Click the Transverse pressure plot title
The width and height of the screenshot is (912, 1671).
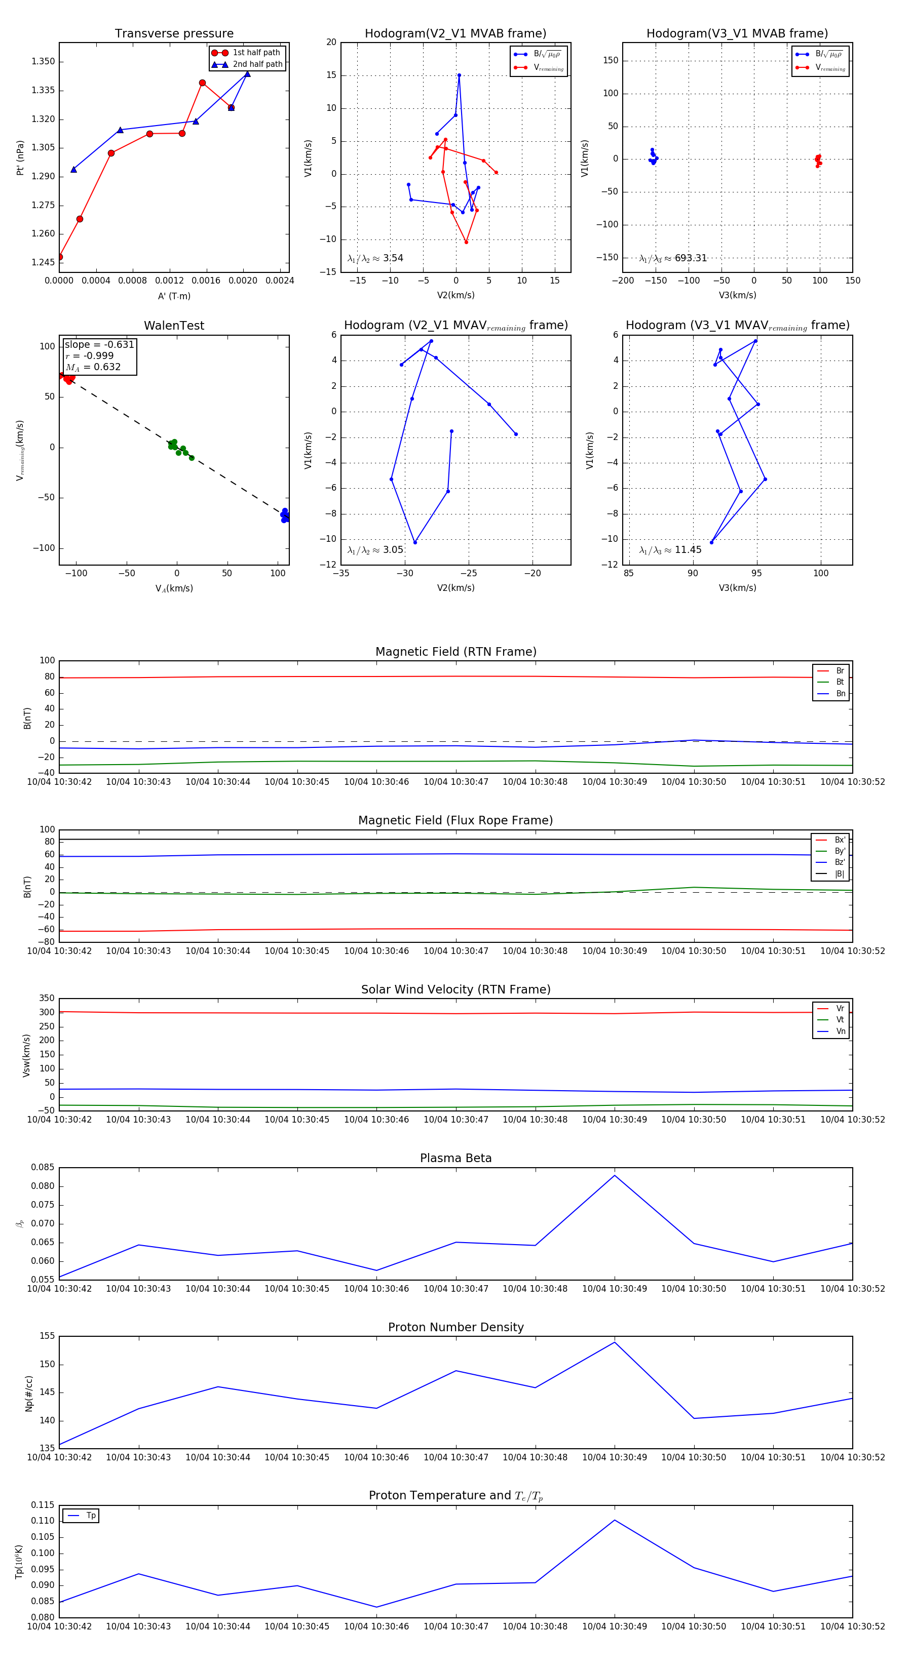tap(174, 34)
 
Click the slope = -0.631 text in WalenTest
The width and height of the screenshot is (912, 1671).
tap(99, 344)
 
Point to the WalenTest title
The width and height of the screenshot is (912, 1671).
tap(174, 326)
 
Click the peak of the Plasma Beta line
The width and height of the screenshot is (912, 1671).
tap(615, 1175)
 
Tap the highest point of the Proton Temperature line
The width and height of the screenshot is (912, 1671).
tap(615, 1520)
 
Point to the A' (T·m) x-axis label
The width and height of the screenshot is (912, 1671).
tap(174, 296)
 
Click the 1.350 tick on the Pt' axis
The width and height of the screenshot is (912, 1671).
tap(43, 62)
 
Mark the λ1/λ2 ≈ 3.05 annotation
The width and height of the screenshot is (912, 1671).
tap(375, 550)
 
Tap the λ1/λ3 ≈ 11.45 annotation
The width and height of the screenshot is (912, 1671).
tap(670, 550)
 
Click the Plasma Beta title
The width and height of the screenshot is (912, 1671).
tap(455, 1158)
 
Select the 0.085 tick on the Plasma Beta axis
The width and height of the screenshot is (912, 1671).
tap(43, 1167)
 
